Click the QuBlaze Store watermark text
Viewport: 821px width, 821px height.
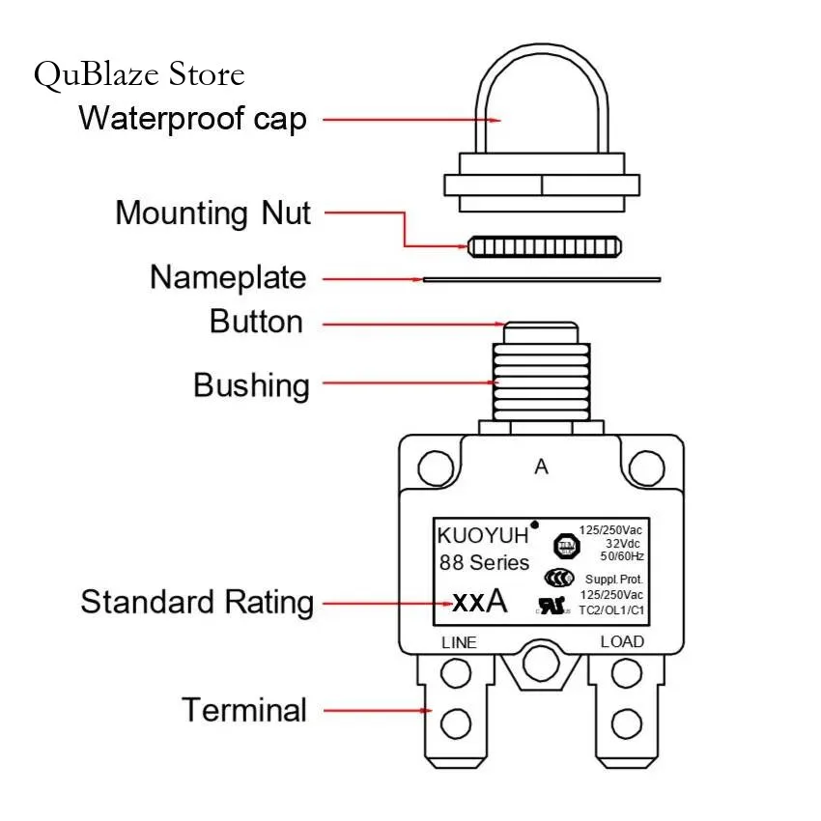tap(139, 74)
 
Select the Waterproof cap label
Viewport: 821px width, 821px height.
tap(192, 119)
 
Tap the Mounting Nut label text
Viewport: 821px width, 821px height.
tap(212, 212)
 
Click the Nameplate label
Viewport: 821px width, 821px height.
tap(228, 278)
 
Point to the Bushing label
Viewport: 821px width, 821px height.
tap(251, 384)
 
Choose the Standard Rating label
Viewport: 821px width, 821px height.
tap(197, 602)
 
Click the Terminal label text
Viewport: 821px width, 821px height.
tap(244, 710)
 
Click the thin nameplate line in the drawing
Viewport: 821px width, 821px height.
tap(541, 279)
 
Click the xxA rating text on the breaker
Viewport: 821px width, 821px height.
tap(479, 602)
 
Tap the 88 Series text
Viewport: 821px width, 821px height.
tap(484, 562)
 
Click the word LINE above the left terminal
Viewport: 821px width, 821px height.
tap(460, 642)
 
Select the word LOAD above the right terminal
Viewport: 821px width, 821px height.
tap(622, 642)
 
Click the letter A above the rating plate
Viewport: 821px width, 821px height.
tap(541, 467)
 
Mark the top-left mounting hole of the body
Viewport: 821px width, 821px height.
tap(436, 469)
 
